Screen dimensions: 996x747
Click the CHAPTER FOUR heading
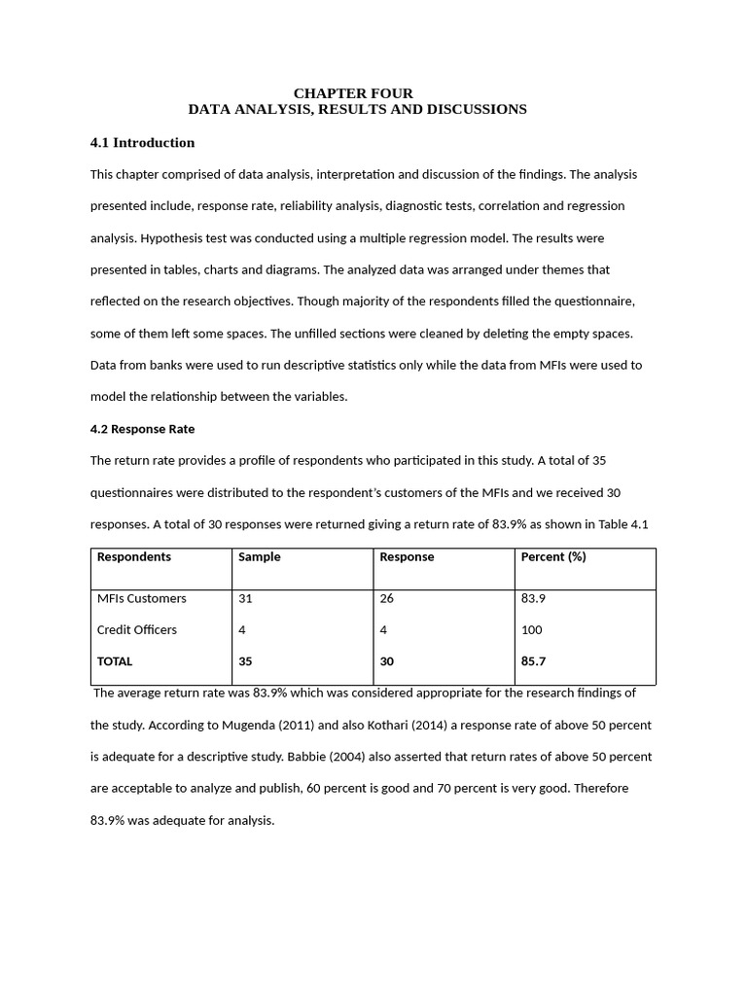click(x=353, y=93)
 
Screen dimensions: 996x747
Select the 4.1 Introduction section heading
click(x=142, y=143)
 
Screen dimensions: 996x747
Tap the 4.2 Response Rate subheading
click(x=142, y=429)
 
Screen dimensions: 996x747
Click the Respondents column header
click(x=133, y=557)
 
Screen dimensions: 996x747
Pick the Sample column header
click(x=259, y=557)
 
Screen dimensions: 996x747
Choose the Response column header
click(x=407, y=557)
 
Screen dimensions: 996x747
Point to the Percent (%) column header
click(x=553, y=557)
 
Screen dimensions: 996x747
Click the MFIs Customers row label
click(x=141, y=598)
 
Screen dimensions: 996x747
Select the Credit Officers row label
click(x=136, y=630)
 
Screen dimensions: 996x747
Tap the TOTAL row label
click(x=115, y=661)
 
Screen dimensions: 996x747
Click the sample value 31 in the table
click(x=245, y=598)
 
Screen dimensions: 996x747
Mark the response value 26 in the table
click(x=386, y=598)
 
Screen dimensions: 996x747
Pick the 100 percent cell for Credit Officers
click(x=531, y=630)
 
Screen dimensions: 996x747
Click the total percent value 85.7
click(x=533, y=661)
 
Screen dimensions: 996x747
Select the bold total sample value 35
click(x=245, y=661)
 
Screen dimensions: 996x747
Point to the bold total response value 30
click(x=386, y=661)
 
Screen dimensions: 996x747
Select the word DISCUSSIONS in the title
click(x=476, y=110)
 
